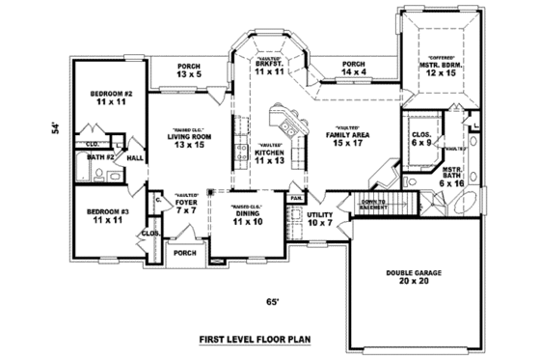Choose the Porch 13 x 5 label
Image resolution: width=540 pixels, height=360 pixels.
tap(190, 69)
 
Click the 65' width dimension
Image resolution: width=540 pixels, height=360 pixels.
tap(273, 301)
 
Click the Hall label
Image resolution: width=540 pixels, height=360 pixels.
tap(134, 157)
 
